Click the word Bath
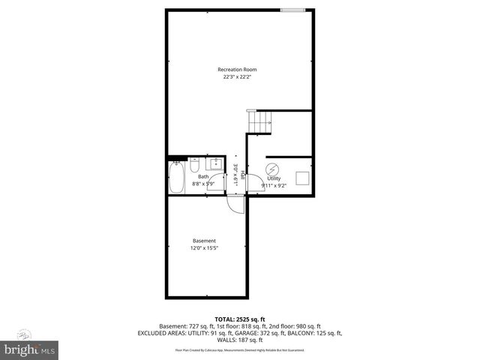pyautogui.click(x=203, y=177)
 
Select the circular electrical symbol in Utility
pyautogui.click(x=273, y=169)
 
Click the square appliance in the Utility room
pyautogui.click(x=303, y=177)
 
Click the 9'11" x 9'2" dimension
pyautogui.click(x=273, y=186)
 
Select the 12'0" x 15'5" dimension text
pyautogui.click(x=204, y=247)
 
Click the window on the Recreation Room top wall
pyautogui.click(x=292, y=10)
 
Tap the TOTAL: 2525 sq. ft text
pyautogui.click(x=239, y=319)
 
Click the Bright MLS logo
pyautogui.click(x=29, y=349)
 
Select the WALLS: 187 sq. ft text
pyautogui.click(x=239, y=340)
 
